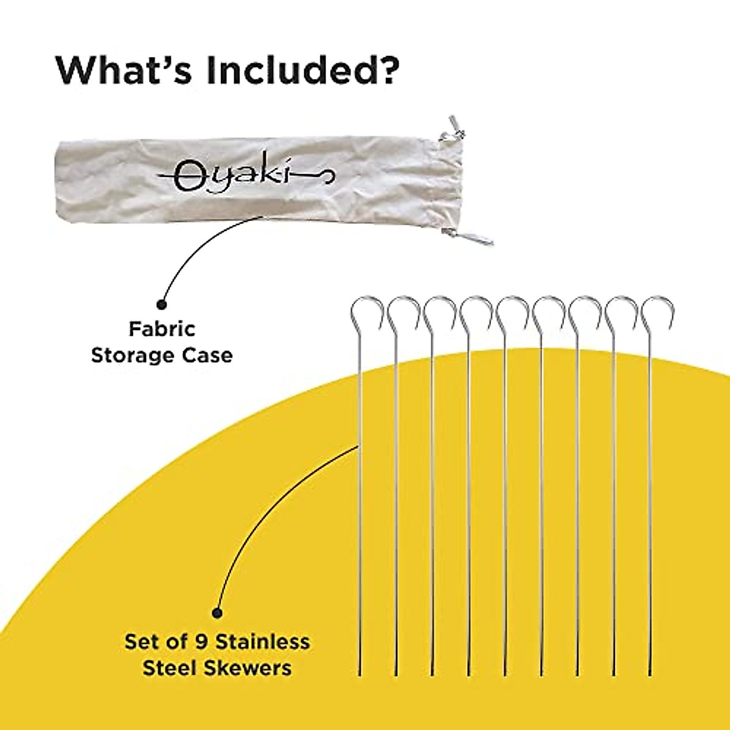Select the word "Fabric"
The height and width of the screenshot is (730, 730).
point(162,329)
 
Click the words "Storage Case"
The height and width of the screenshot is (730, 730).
point(162,355)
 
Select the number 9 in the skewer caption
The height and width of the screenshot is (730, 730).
point(211,641)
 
